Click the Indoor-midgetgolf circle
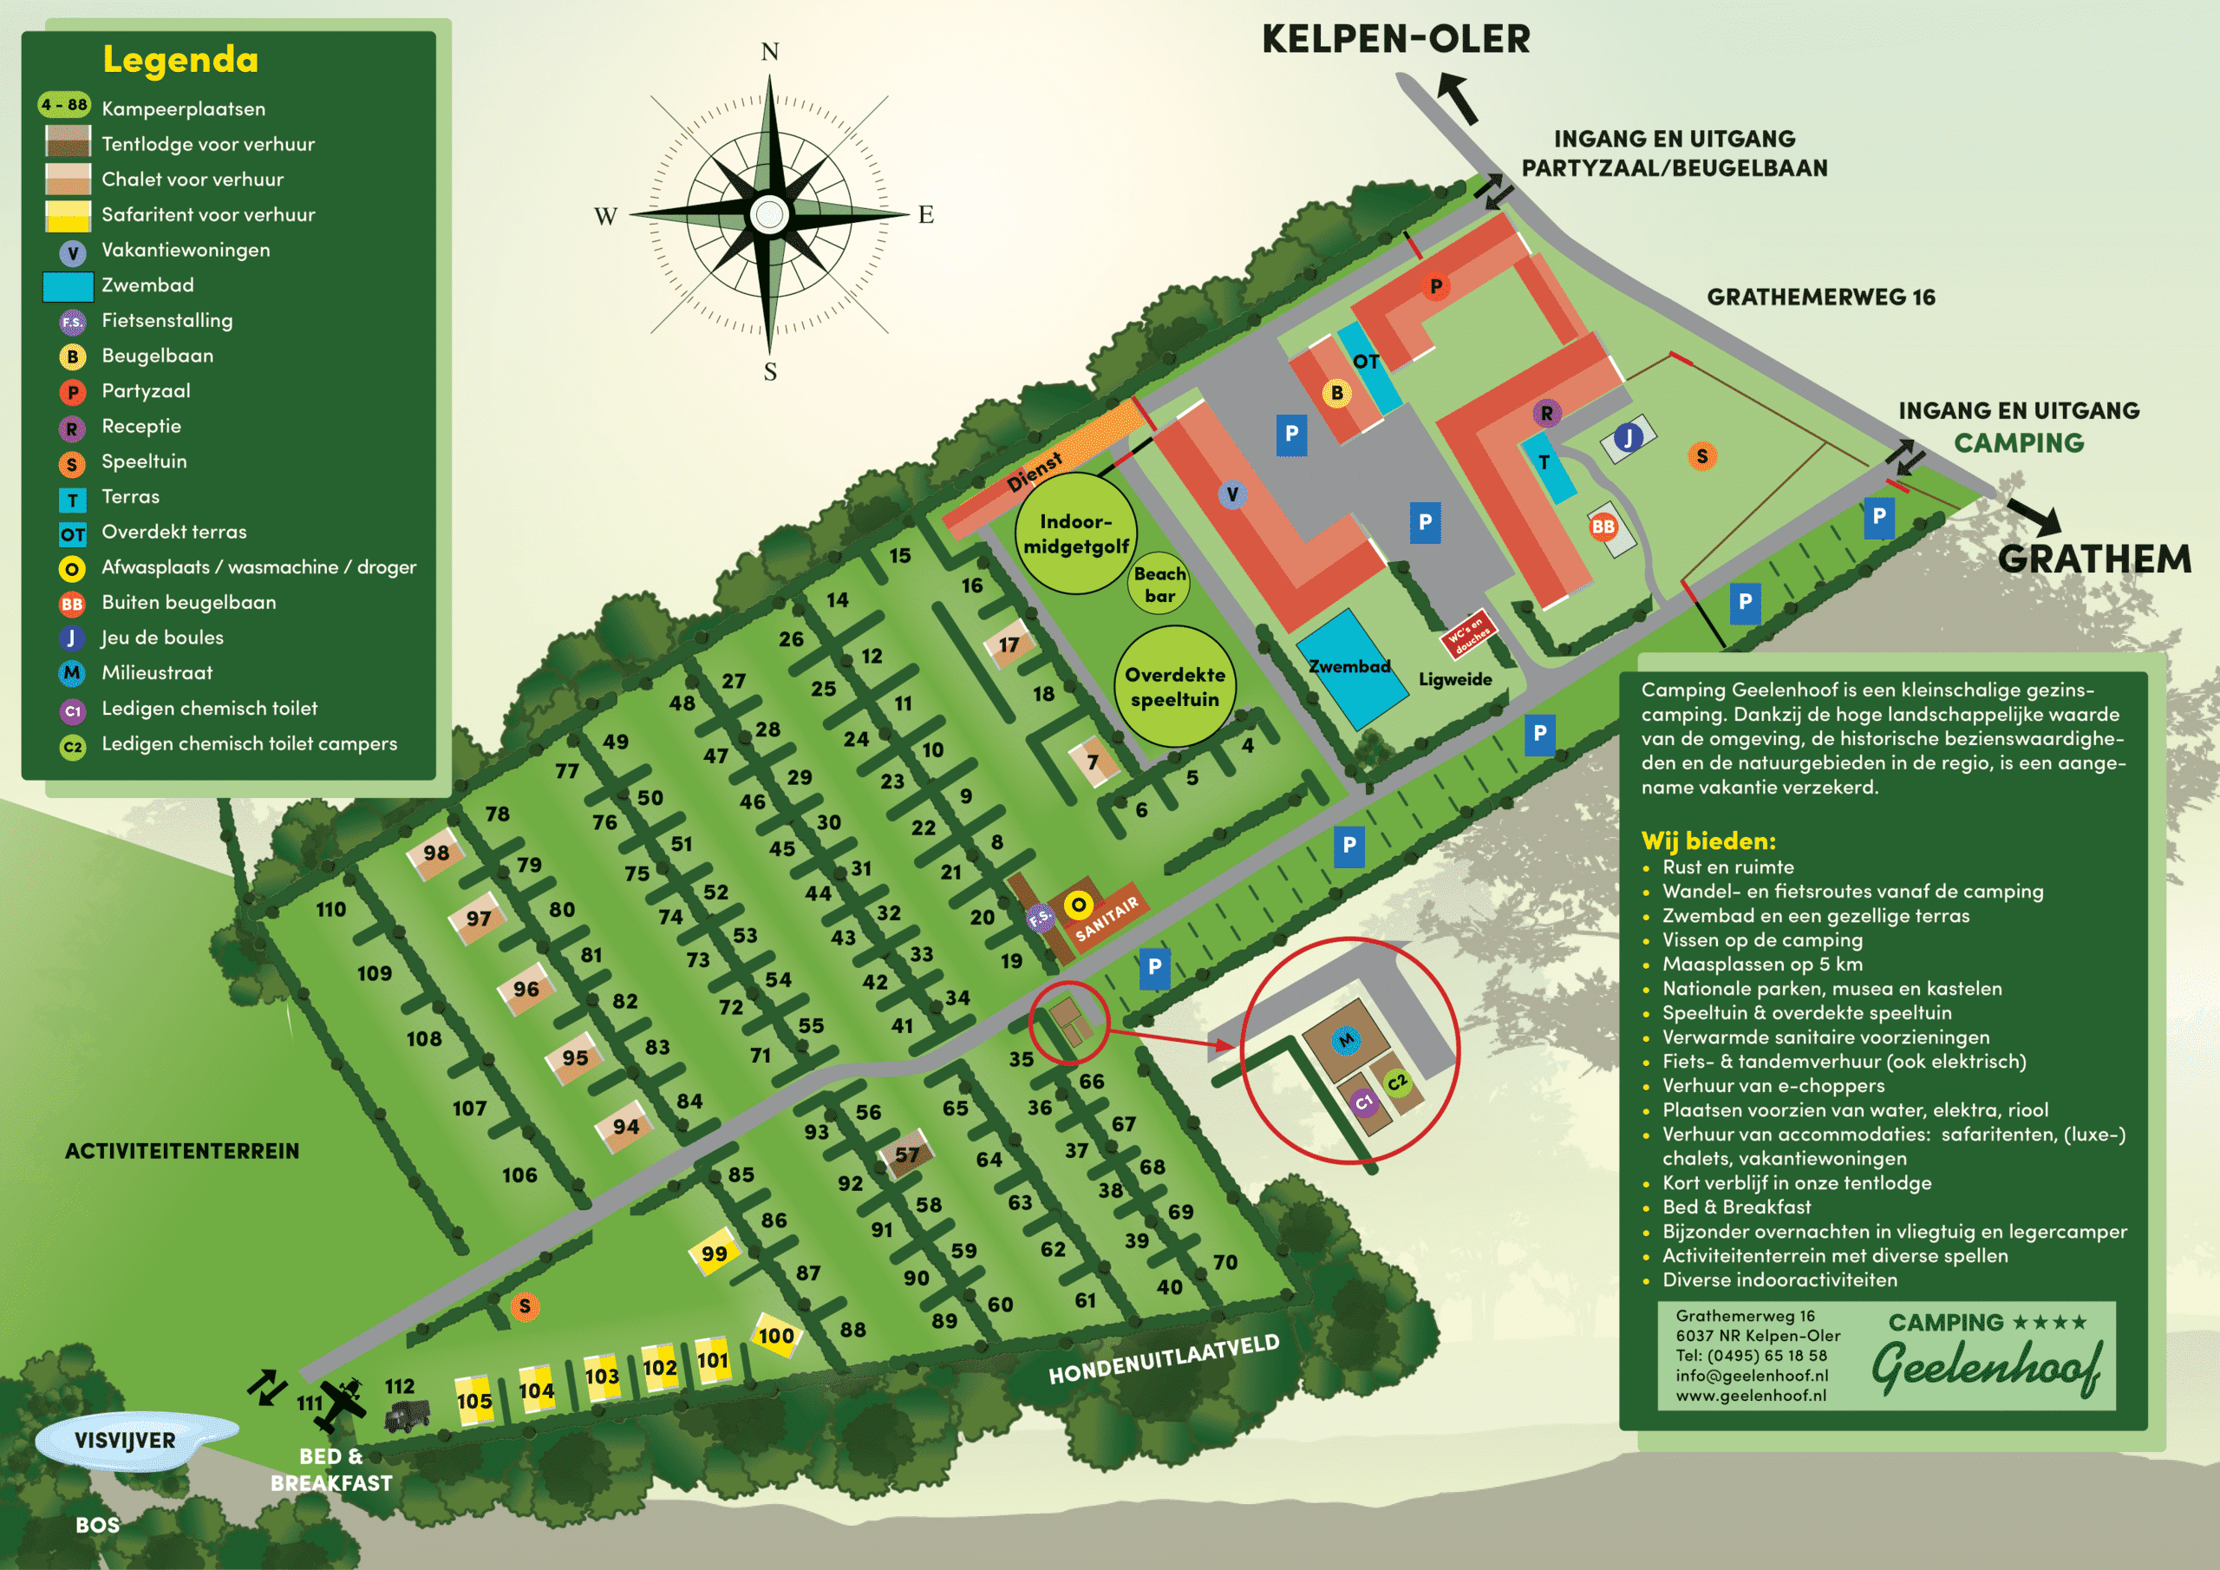1075,533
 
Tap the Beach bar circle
1159,585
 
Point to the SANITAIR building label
1107,917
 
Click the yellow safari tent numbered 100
775,1336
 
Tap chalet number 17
1009,644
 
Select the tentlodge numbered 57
906,1154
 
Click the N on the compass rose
770,51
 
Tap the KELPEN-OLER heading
1395,40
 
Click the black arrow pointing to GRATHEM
2034,517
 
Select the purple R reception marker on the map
1546,414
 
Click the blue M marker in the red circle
1345,1040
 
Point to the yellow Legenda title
181,60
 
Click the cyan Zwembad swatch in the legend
68,285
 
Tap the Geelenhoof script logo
1986,1367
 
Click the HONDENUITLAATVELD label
1163,1358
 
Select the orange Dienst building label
1034,471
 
